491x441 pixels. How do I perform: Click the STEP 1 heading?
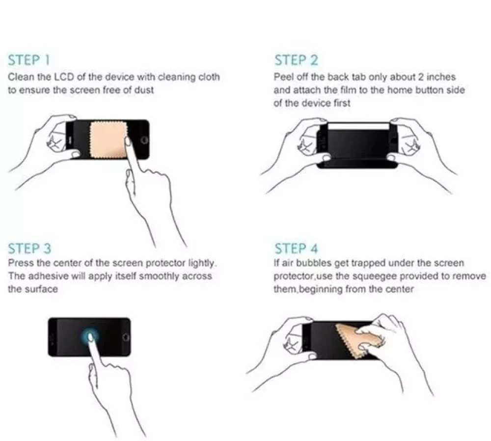(x=29, y=60)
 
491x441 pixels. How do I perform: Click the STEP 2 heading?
(x=296, y=60)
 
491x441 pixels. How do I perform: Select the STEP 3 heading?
(x=29, y=248)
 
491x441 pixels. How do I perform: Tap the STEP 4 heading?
(x=296, y=248)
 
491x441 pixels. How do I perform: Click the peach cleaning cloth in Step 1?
(x=109, y=139)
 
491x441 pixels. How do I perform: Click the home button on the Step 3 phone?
(x=126, y=337)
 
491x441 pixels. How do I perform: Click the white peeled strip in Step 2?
(x=358, y=126)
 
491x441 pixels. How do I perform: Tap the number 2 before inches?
(x=421, y=77)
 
